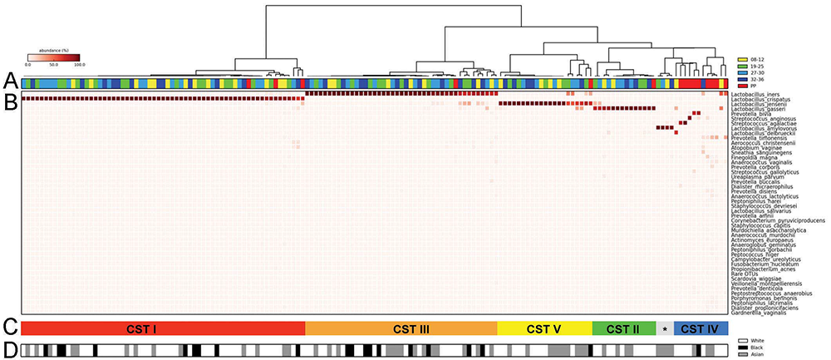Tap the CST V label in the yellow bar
pos(543,328)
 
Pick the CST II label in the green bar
pos(622,328)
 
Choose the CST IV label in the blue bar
pos(701,328)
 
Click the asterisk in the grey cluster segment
pos(665,329)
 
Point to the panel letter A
pos(9,81)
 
